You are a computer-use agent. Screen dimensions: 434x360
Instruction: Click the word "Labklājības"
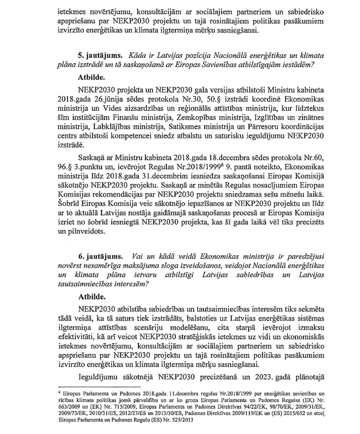click(x=114, y=130)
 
